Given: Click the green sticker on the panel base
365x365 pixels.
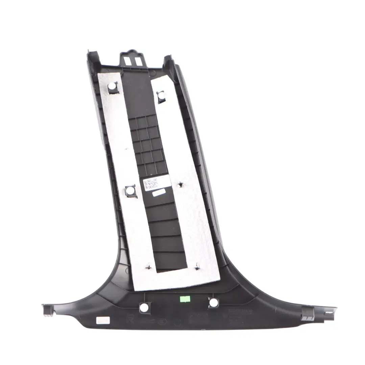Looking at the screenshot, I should point(185,299).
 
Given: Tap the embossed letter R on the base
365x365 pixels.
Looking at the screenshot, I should point(129,319).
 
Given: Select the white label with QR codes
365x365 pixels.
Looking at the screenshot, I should point(151,184).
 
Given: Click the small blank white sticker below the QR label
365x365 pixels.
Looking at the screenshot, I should point(159,193).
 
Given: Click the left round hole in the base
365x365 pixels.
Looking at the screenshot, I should point(144,308).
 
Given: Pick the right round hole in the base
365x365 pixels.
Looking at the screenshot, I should point(213,302).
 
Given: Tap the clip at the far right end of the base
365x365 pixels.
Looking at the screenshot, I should point(308,313).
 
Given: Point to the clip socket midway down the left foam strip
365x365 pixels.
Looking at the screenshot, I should point(130,190).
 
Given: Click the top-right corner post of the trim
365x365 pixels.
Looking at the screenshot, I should point(169,62).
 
